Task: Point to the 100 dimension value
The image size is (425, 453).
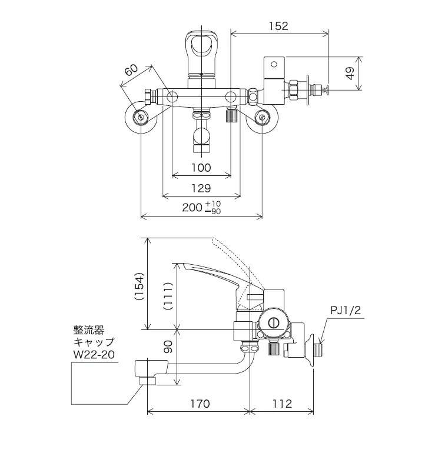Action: tap(201, 168)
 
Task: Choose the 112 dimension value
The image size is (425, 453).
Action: tap(282, 404)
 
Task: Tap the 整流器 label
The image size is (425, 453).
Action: tap(88, 330)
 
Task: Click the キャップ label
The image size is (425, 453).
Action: tap(93, 342)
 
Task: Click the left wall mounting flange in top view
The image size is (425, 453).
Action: tap(142, 118)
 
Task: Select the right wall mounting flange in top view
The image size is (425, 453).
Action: tap(261, 118)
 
